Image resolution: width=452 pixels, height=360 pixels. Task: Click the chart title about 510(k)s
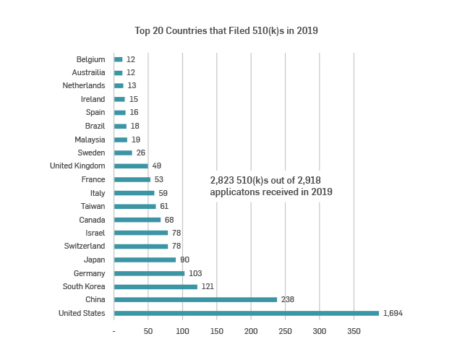click(x=226, y=31)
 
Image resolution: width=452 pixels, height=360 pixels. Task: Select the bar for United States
click(x=246, y=313)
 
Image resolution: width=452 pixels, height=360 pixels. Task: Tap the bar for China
click(x=195, y=299)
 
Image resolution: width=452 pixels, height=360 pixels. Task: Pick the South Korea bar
click(x=155, y=286)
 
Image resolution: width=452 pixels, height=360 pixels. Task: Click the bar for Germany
click(x=149, y=273)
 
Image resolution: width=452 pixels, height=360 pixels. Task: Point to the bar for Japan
click(x=145, y=260)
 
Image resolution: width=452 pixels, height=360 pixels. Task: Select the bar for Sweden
click(x=123, y=153)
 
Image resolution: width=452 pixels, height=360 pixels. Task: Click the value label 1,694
click(x=393, y=313)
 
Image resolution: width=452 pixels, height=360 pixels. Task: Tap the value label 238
click(x=288, y=299)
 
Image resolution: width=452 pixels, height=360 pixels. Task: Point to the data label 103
click(x=195, y=273)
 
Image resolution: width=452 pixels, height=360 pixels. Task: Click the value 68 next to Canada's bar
click(x=169, y=220)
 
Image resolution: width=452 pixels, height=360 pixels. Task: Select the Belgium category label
click(x=90, y=59)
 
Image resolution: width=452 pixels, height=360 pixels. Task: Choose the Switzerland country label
click(x=84, y=247)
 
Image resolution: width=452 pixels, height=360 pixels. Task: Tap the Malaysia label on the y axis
click(x=90, y=140)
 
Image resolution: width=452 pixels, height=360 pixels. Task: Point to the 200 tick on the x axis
click(x=251, y=331)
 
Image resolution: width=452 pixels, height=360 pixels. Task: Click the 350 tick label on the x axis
click(x=354, y=331)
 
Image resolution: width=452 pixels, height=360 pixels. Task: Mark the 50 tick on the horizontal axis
click(x=148, y=331)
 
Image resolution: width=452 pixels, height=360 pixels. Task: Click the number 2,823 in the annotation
click(x=223, y=179)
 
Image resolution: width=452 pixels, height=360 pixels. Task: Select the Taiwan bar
click(x=135, y=206)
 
